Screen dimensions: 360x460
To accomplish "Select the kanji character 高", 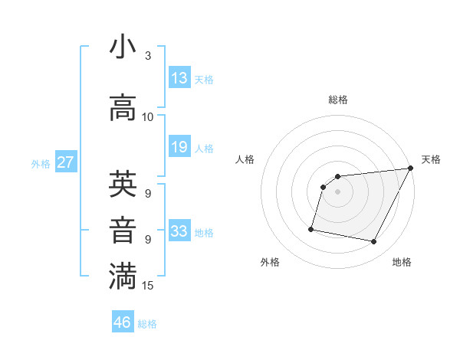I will (x=123, y=108).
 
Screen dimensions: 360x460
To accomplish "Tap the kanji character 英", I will (x=123, y=184).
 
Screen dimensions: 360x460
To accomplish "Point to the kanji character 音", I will (x=123, y=231).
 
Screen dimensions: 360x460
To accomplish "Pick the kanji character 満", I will (x=123, y=277).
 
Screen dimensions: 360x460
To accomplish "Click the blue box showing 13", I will (x=179, y=78).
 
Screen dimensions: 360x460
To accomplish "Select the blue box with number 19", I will (x=179, y=147).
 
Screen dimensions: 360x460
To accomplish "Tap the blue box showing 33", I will (x=179, y=231).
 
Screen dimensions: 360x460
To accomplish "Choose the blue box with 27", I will (x=65, y=162).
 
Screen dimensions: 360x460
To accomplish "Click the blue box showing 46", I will (x=123, y=322).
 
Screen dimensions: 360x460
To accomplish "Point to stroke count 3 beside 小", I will (x=148, y=56).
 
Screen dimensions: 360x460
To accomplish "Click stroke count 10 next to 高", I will (x=148, y=117).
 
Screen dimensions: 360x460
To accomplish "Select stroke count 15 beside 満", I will (x=148, y=286).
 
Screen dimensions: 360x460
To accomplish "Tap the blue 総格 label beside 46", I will (x=147, y=324).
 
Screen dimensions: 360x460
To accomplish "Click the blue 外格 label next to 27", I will (x=41, y=163).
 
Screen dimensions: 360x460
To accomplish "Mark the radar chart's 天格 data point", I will (x=410, y=169).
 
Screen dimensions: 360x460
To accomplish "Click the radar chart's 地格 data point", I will (x=373, y=242).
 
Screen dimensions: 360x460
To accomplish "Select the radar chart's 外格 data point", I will (x=311, y=228).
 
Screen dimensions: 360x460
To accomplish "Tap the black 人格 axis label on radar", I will (x=245, y=159).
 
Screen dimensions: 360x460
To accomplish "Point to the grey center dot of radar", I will (x=337, y=191).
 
